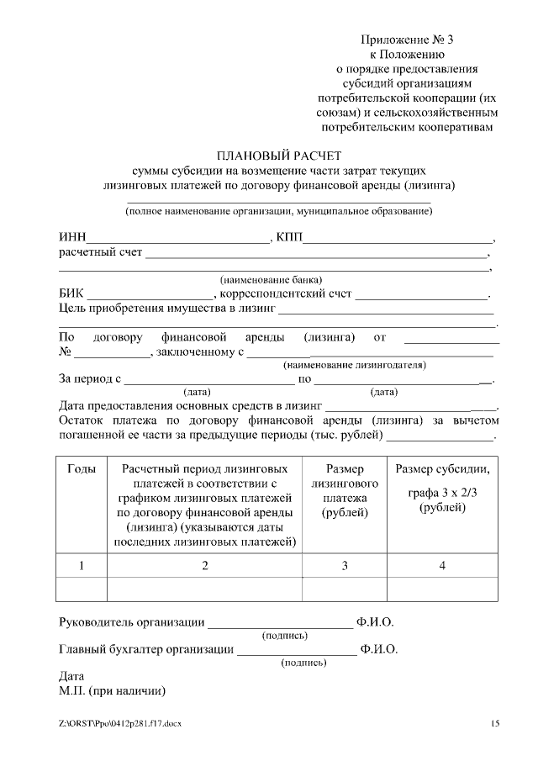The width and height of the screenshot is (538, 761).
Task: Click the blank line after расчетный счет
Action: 316,253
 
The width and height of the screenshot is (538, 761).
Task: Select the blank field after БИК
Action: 150,295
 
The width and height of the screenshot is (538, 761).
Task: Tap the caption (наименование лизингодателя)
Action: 355,365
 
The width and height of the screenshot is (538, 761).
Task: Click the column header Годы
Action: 82,468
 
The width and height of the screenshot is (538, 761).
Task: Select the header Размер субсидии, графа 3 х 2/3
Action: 442,489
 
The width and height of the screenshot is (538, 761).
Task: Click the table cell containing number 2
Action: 205,566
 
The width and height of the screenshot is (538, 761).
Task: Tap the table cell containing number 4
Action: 442,566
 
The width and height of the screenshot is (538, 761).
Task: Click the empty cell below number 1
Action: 82,589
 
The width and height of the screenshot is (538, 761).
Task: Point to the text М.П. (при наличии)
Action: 112,691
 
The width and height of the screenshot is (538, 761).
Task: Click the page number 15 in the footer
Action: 494,724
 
